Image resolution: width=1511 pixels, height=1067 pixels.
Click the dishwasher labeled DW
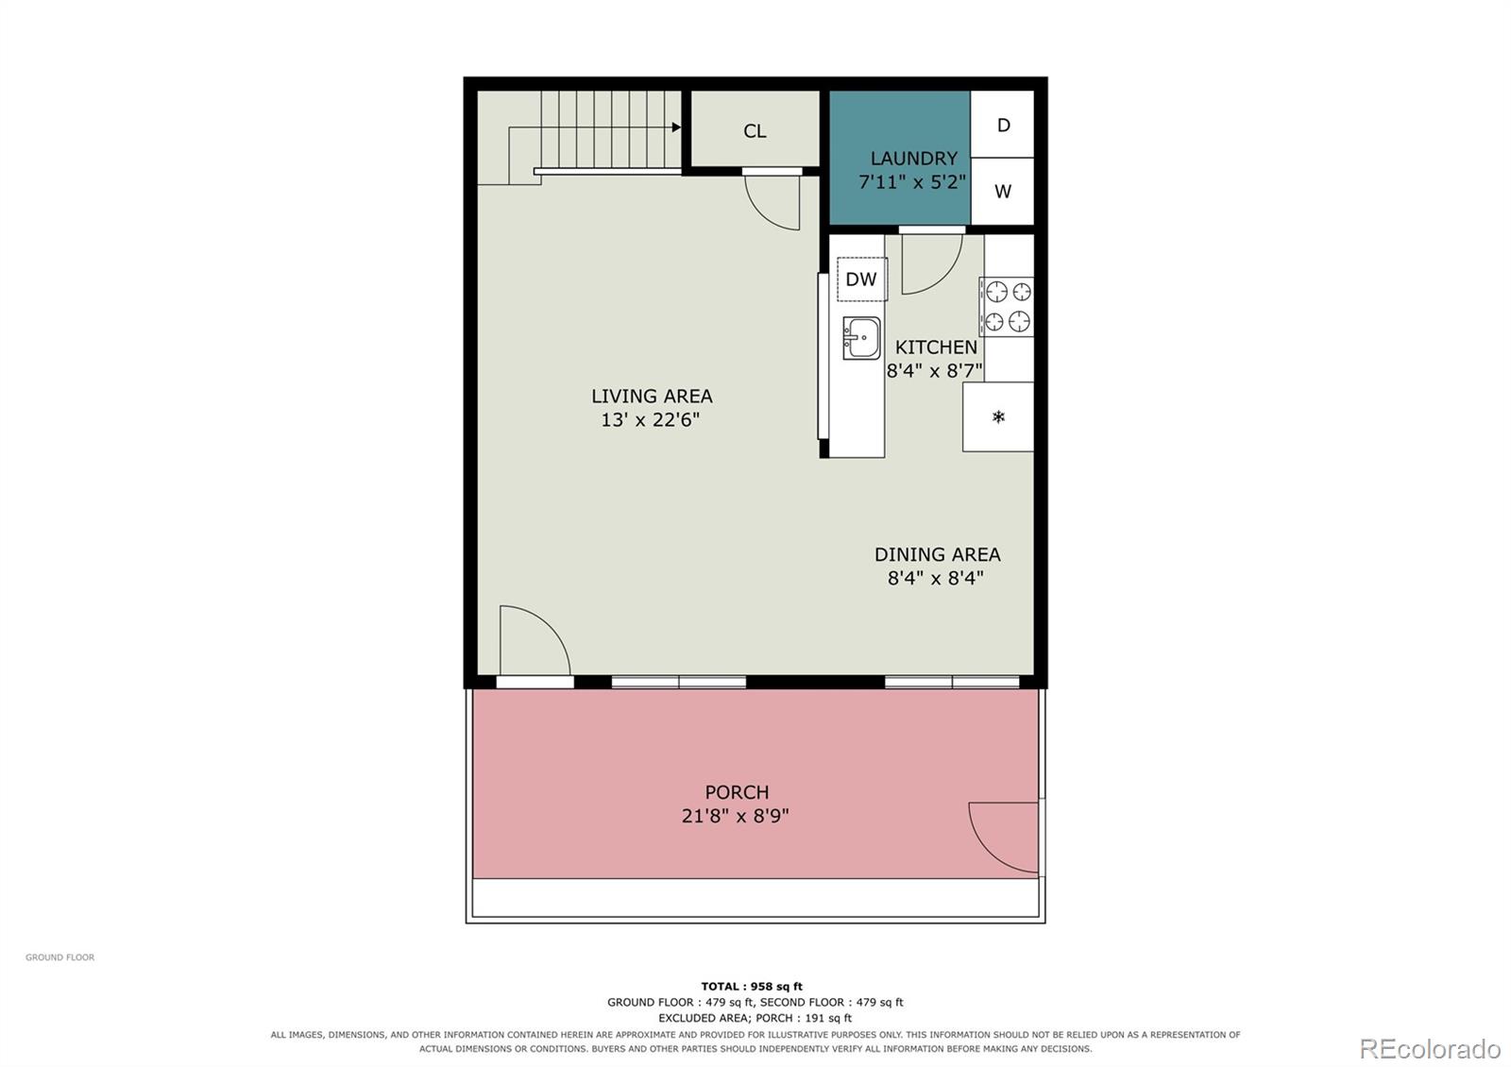tap(861, 279)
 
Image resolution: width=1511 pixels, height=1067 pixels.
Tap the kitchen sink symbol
tap(861, 338)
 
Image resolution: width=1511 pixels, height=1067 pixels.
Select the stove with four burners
tap(1007, 307)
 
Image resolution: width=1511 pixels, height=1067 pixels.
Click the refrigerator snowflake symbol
tap(998, 416)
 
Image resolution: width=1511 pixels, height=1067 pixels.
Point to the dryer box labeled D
tap(1002, 125)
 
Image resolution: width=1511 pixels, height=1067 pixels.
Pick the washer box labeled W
tap(1002, 192)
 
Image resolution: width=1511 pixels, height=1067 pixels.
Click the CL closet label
tap(755, 131)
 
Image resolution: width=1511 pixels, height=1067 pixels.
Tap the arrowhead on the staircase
tap(676, 127)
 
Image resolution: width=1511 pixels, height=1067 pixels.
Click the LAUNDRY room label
tap(913, 159)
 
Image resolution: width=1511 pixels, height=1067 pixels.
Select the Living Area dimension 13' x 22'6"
tap(651, 420)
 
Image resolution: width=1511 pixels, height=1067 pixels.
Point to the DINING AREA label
tap(937, 554)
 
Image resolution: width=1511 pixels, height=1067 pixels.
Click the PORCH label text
tap(737, 792)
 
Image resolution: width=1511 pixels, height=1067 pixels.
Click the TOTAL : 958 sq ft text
tap(752, 986)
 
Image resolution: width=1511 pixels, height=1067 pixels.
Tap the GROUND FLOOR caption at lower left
tap(60, 957)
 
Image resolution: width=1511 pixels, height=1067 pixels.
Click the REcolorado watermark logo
tap(1430, 1049)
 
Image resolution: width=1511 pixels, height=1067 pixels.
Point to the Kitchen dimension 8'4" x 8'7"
tap(934, 371)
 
